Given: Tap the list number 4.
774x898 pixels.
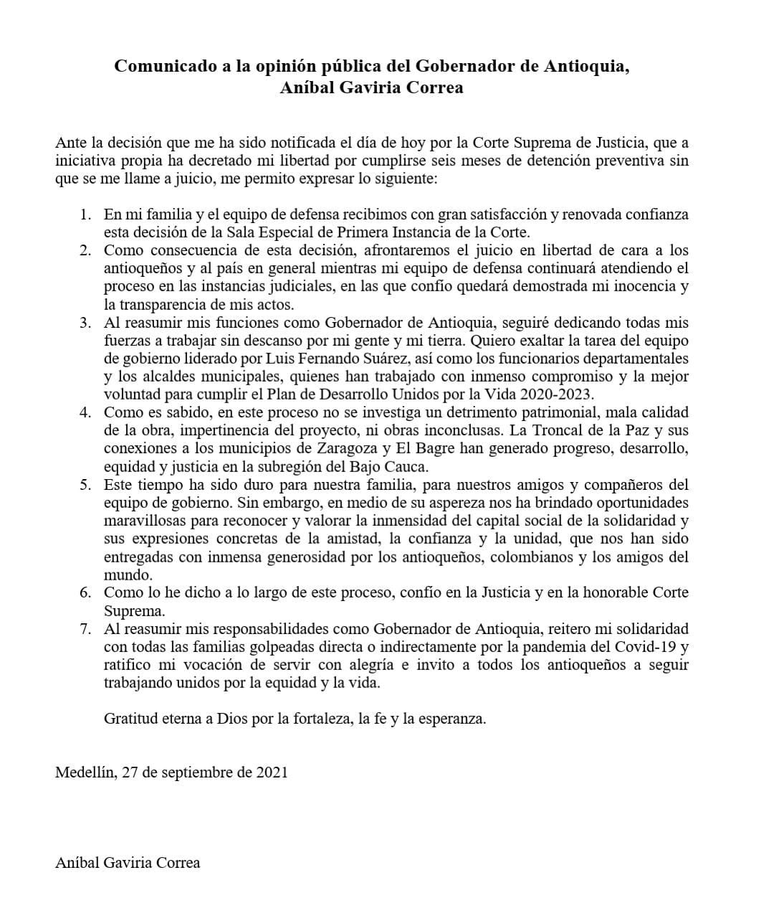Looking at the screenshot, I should click(85, 412).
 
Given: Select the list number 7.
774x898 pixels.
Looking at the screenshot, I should click(85, 629).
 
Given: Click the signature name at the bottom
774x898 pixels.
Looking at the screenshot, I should click(128, 862).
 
